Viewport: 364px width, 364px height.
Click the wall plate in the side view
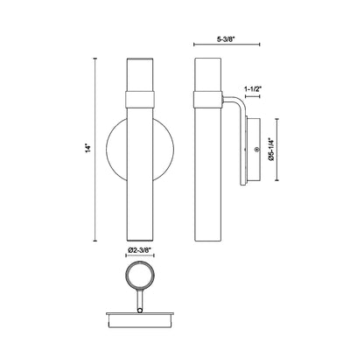pyautogui.click(x=253, y=150)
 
